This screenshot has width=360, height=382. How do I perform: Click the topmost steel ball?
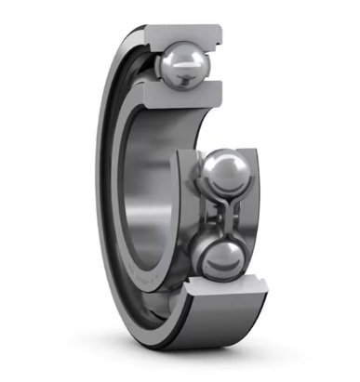(184, 64)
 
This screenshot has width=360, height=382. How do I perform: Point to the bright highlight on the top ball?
(177, 58)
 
